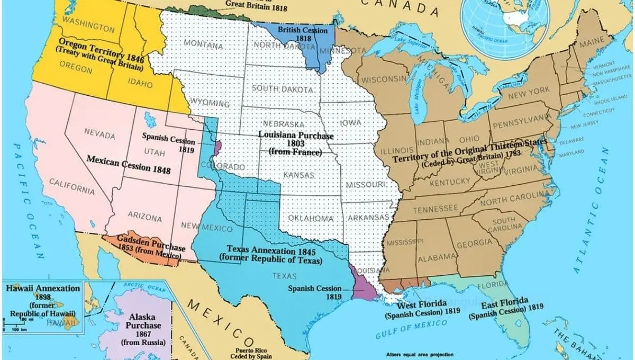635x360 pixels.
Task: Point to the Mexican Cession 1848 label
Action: click(129, 164)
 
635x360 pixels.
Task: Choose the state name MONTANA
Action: click(204, 45)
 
